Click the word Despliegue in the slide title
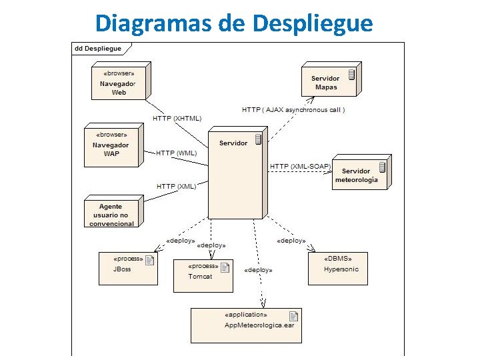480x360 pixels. (313, 23)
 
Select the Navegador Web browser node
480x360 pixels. (118, 83)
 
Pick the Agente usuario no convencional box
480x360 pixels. (111, 213)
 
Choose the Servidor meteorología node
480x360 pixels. (359, 174)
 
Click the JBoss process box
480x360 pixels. (127, 268)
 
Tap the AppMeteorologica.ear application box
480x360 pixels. (245, 325)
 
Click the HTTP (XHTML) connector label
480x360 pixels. (177, 118)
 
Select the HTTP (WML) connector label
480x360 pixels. (177, 153)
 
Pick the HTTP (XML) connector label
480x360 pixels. (176, 186)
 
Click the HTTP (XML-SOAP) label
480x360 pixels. (300, 166)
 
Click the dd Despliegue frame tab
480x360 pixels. (98, 49)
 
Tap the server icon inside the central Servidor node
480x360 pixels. (257, 138)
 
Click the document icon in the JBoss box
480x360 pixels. (149, 260)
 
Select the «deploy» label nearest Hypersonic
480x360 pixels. (291, 241)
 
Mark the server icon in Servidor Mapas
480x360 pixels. (351, 74)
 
